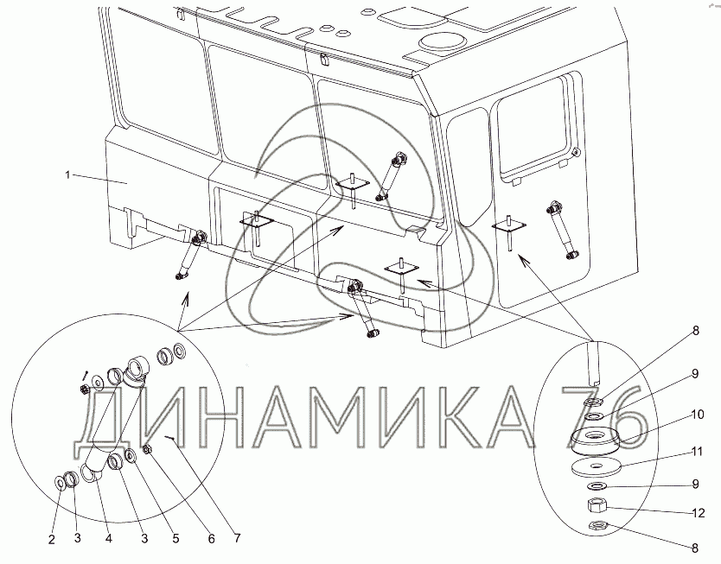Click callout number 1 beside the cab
pyautogui.click(x=67, y=175)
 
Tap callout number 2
pyautogui.click(x=52, y=539)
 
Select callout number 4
pyautogui.click(x=109, y=538)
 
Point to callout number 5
pyautogui.click(x=175, y=538)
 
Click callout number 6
pyautogui.click(x=211, y=538)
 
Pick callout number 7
pyautogui.click(x=237, y=538)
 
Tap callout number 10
pyautogui.click(x=697, y=415)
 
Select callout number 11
pyautogui.click(x=697, y=452)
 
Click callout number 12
pyautogui.click(x=698, y=512)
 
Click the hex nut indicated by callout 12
pyautogui.click(x=597, y=507)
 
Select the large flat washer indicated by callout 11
pyautogui.click(x=597, y=468)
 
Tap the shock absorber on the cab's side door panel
pyautogui.click(x=562, y=230)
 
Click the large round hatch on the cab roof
pyautogui.click(x=442, y=42)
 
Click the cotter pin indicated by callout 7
pyautogui.click(x=170, y=438)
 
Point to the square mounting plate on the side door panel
pyautogui.click(x=509, y=225)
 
